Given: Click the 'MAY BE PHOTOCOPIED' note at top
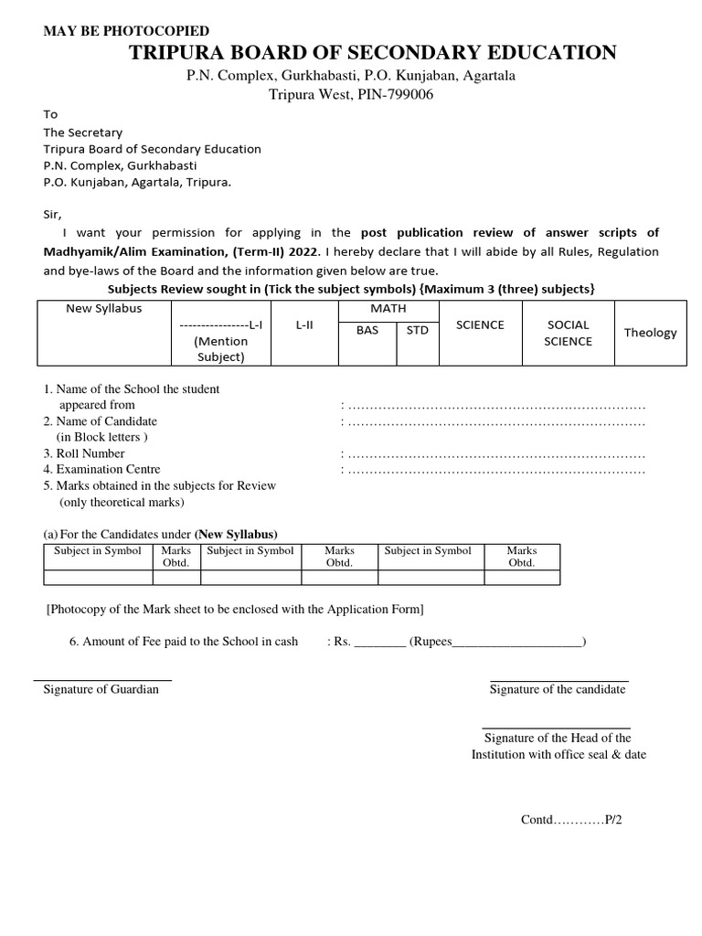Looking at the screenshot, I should [127, 32].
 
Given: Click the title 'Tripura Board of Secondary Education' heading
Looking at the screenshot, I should [373, 53].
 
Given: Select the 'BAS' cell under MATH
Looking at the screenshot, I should [367, 330].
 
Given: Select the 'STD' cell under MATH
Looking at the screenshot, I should [417, 330].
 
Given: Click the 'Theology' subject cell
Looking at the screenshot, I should [650, 333].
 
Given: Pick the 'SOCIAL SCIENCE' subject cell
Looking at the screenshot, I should [569, 333].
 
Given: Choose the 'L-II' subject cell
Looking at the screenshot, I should [304, 324].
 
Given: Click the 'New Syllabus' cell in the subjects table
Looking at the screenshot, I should [103, 308].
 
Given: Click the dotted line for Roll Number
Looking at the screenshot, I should [497, 454].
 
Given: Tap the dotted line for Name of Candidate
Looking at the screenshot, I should [497, 422].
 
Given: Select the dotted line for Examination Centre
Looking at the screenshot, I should [497, 471].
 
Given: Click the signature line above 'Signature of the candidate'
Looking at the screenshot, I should [558, 680].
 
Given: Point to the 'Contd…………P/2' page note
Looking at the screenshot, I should [571, 819].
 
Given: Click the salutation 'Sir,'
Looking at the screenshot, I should [53, 215].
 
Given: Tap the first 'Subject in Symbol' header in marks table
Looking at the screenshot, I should [98, 551].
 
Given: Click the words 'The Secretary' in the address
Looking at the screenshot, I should [83, 133].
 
